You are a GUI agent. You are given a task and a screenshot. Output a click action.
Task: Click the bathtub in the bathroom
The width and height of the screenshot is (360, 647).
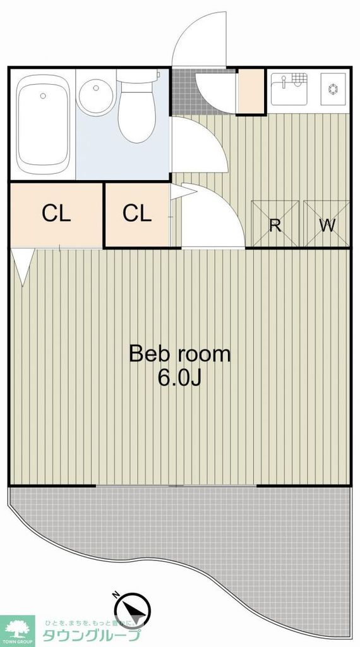click(x=43, y=125)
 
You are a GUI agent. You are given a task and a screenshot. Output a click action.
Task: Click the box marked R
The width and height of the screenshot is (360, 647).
click(x=275, y=224)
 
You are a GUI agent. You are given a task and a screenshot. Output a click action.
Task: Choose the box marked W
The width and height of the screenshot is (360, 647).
click(x=327, y=224)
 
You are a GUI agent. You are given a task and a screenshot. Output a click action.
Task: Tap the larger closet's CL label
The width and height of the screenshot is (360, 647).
click(x=56, y=214)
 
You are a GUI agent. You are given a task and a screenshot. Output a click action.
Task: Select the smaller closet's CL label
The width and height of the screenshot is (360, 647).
click(x=137, y=214)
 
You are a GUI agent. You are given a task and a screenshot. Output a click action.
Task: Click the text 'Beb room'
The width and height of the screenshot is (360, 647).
click(x=179, y=354)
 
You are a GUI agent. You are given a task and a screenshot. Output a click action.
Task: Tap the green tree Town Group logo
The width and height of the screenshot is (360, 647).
click(x=17, y=629)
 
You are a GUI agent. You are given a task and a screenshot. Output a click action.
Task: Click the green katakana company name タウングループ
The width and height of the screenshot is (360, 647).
click(x=92, y=635)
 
